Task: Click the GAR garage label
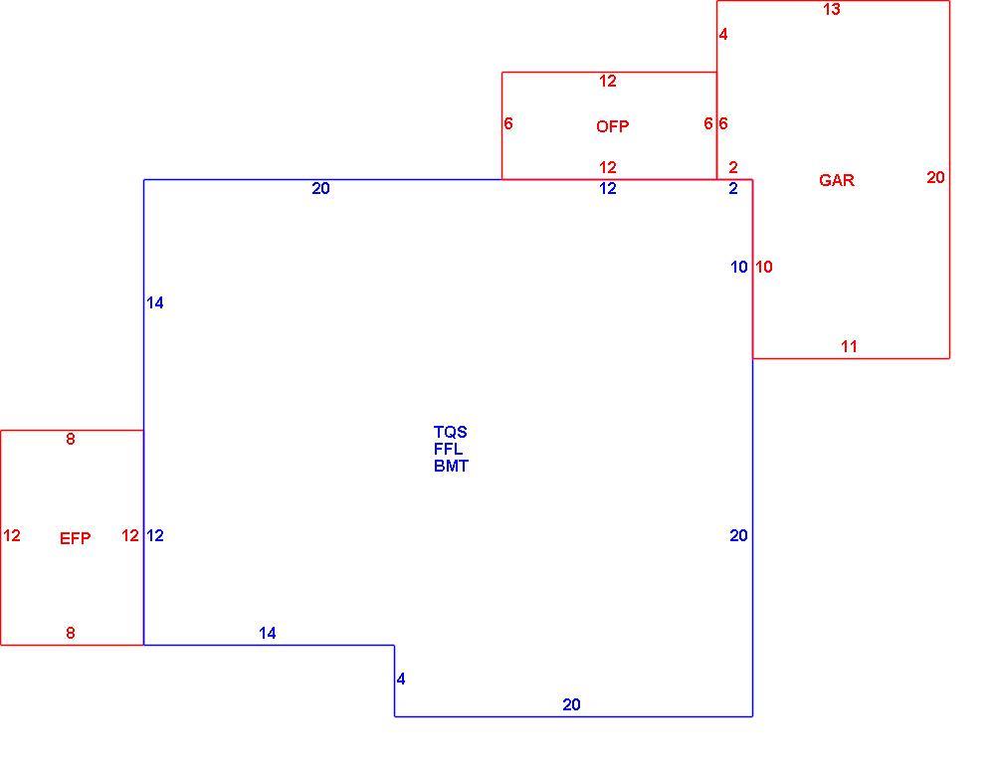click(837, 180)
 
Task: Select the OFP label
click(612, 127)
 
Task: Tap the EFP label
click(75, 538)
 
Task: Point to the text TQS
click(451, 432)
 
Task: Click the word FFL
click(448, 449)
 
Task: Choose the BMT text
click(451, 467)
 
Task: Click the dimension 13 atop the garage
click(831, 10)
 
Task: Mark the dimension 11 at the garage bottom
click(849, 346)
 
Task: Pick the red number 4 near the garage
click(723, 34)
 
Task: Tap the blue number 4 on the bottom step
click(401, 680)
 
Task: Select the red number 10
click(764, 267)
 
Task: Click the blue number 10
click(738, 267)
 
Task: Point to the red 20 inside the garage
click(935, 178)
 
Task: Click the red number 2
click(733, 167)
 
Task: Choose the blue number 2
click(733, 188)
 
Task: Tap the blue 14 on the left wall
click(155, 303)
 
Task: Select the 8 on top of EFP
click(71, 439)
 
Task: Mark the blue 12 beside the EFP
click(155, 536)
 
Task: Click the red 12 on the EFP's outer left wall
click(11, 536)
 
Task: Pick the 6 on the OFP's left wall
click(508, 123)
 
